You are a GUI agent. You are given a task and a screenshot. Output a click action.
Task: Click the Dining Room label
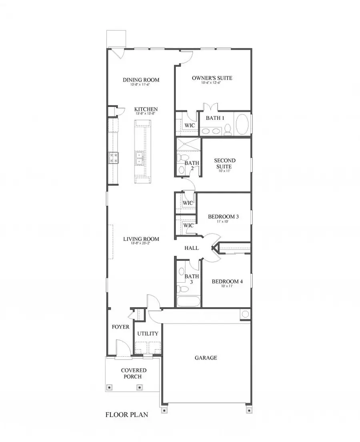pyautogui.click(x=141, y=80)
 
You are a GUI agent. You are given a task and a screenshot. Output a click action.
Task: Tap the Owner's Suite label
pyautogui.click(x=212, y=78)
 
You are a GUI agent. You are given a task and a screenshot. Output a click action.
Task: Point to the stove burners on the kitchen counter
pyautogui.click(x=113, y=157)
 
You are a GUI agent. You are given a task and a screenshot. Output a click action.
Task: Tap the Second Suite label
pyautogui.click(x=225, y=163)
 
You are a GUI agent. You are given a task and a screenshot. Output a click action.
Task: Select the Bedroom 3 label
pyautogui.click(x=223, y=217)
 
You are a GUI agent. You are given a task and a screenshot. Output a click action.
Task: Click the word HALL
pyautogui.click(x=192, y=248)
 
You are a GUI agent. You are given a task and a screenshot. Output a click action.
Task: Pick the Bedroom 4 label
pyautogui.click(x=227, y=281)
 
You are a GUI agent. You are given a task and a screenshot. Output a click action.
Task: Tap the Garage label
pyautogui.click(x=206, y=358)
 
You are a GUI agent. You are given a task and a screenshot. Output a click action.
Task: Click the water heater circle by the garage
pyautogui.click(x=245, y=314)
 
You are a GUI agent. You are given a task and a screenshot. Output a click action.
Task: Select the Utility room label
pyautogui.click(x=148, y=334)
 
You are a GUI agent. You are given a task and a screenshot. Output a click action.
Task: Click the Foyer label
pyautogui.click(x=120, y=327)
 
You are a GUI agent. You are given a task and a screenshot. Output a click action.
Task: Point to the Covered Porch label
pyautogui.click(x=134, y=374)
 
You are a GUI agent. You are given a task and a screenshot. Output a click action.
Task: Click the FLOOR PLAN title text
pyautogui.click(x=126, y=415)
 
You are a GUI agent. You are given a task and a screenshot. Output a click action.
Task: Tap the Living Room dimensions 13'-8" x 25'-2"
pyautogui.click(x=141, y=244)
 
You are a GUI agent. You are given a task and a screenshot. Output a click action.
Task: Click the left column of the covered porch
pyautogui.click(x=110, y=387)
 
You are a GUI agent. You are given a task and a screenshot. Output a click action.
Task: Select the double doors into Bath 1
pyautogui.click(x=210, y=108)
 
